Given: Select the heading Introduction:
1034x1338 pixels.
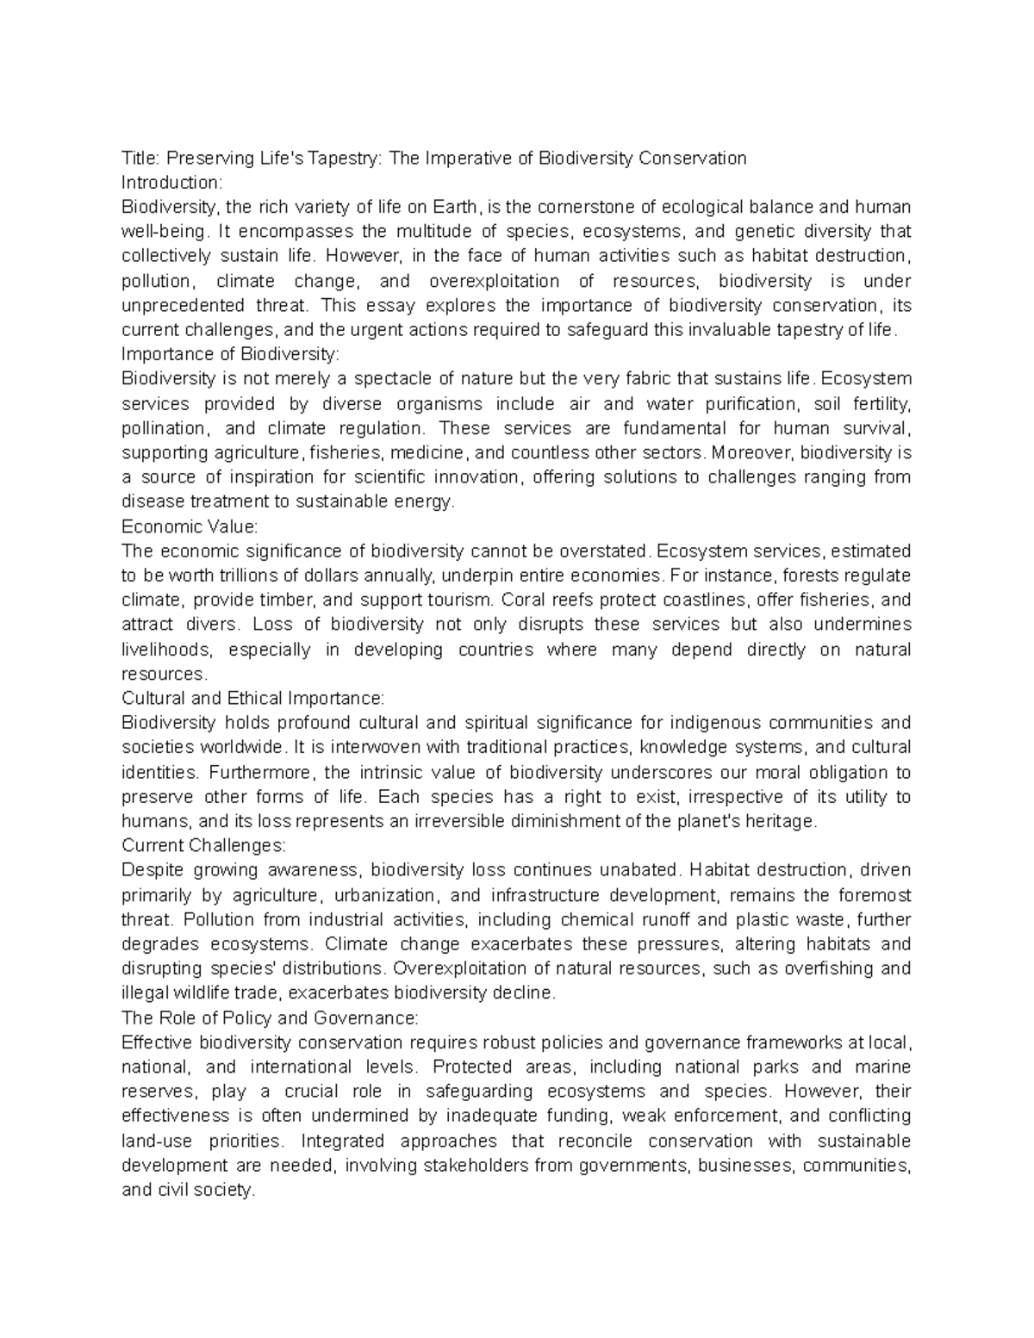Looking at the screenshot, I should [172, 183].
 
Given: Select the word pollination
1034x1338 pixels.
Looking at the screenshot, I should [164, 428].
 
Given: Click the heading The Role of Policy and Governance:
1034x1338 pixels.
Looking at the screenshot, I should [270, 1018].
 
